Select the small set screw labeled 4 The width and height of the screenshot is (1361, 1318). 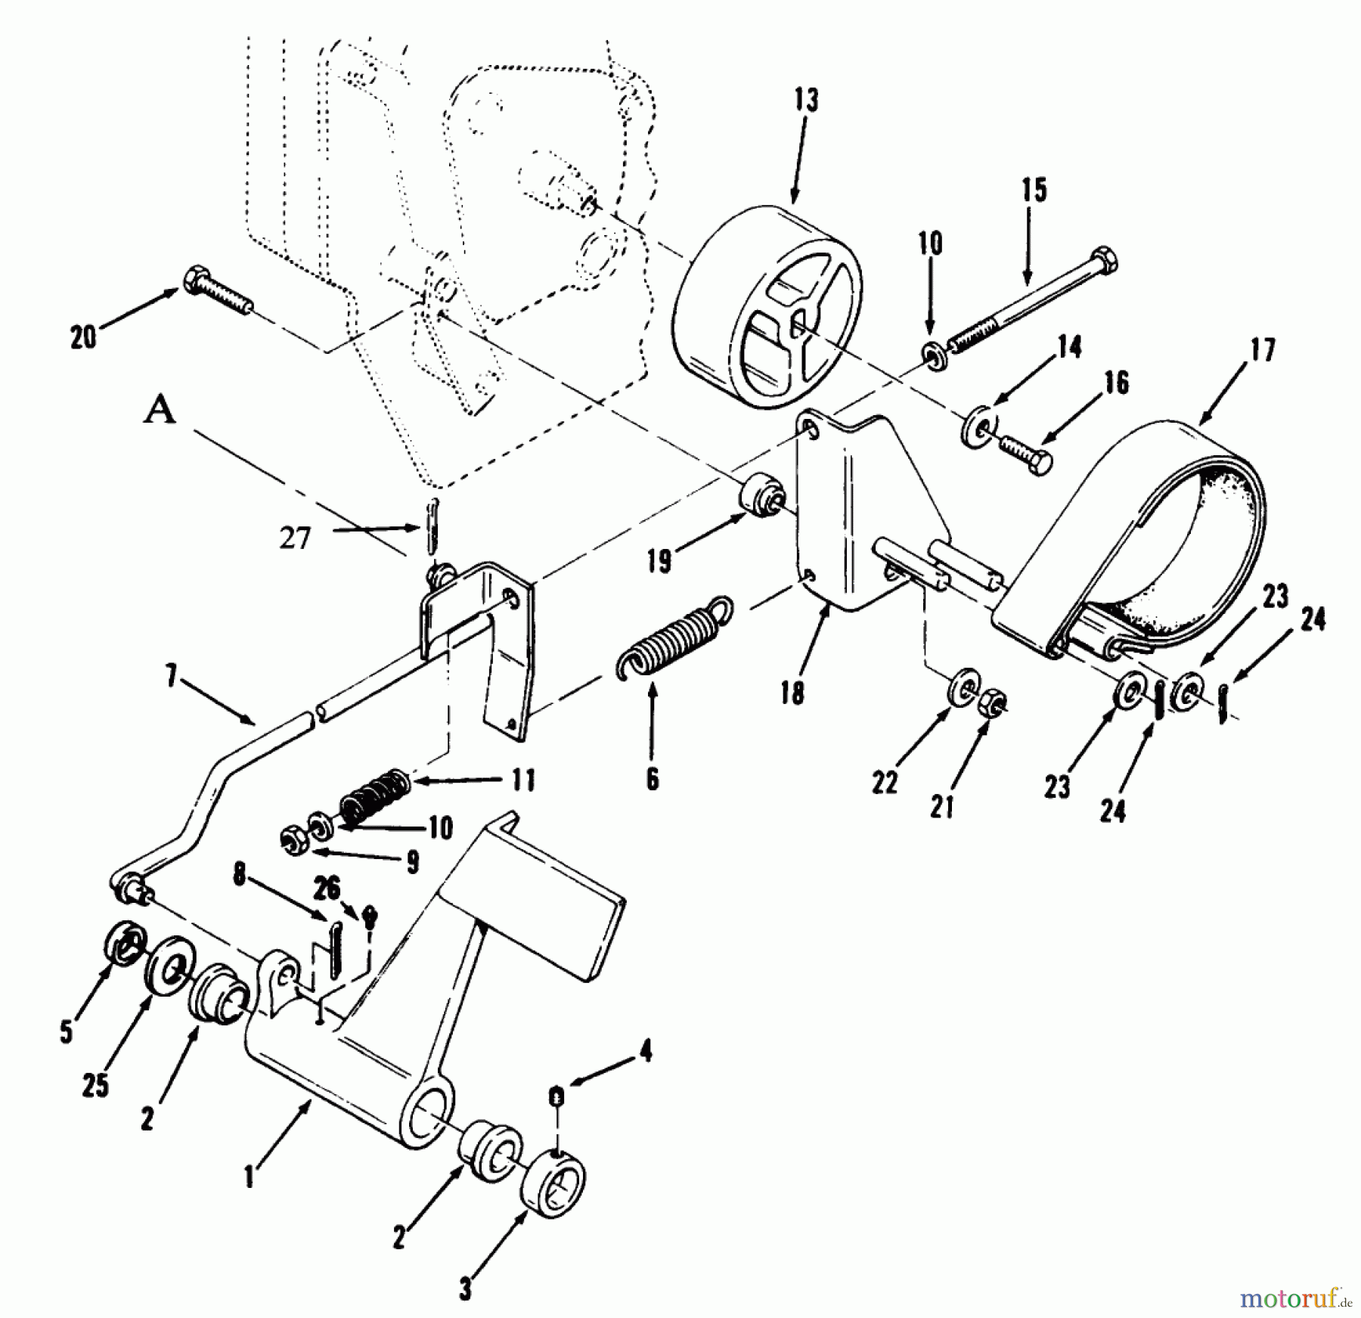pyautogui.click(x=556, y=1096)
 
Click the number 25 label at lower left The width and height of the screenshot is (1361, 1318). pyautogui.click(x=95, y=1087)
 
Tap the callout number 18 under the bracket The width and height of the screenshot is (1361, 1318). pyautogui.click(x=791, y=693)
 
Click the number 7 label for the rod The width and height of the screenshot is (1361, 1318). pyautogui.click(x=171, y=678)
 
